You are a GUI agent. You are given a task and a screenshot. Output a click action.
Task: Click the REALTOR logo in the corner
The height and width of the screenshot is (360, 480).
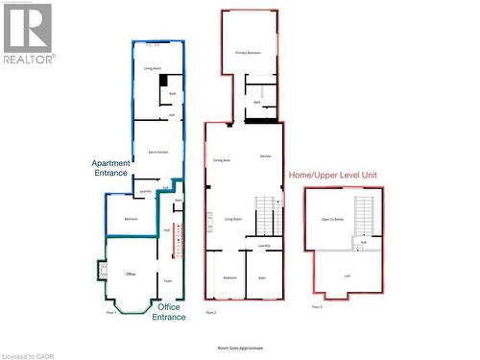click(x=27, y=34)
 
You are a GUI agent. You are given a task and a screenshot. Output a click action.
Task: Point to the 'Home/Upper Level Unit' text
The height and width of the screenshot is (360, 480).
click(x=332, y=173)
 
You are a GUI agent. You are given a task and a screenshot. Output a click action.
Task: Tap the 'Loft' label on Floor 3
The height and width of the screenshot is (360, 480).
click(x=348, y=276)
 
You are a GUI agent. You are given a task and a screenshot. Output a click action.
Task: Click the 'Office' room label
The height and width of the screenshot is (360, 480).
click(x=131, y=275)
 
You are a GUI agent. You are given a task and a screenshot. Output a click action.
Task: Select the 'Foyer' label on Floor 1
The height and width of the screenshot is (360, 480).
click(x=168, y=280)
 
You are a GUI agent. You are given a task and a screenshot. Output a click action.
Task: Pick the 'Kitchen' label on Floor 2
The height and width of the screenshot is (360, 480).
click(x=265, y=156)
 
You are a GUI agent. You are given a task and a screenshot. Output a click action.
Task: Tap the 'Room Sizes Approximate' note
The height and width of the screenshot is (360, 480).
click(x=240, y=348)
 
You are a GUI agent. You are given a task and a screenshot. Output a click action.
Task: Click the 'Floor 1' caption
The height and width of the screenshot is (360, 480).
click(x=111, y=312)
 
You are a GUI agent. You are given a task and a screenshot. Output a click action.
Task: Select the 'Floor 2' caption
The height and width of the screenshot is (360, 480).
click(x=211, y=312)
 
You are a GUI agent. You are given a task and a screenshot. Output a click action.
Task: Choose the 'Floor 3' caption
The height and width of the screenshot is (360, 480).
click(x=317, y=306)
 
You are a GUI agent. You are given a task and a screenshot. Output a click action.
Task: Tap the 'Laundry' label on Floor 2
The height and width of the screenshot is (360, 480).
click(x=264, y=246)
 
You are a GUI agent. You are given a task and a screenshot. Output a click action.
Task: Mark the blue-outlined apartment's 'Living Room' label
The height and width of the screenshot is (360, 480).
click(x=152, y=69)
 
